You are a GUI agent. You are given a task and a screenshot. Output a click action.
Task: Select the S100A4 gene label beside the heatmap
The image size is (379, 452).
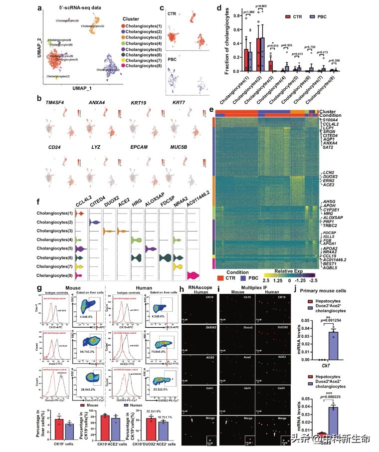pos(332,120)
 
